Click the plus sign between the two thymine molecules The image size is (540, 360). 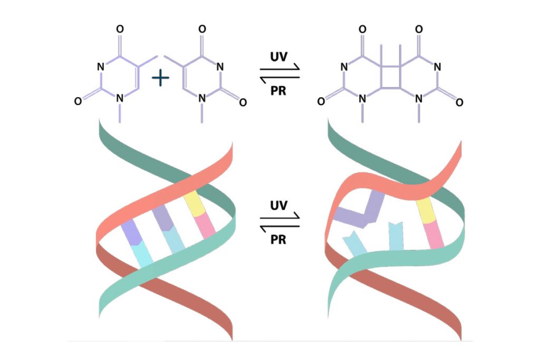click(160, 78)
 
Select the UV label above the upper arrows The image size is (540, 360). click(278, 57)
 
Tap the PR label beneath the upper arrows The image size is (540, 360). click(278, 91)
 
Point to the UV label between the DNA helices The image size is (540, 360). click(278, 206)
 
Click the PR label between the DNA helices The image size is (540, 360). click(278, 239)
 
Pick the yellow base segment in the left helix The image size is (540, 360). click(194, 204)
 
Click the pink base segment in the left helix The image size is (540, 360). click(205, 226)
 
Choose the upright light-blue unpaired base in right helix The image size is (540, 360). click(396, 236)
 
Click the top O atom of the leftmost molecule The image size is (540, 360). click(120, 29)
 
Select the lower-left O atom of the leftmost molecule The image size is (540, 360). click(78, 101)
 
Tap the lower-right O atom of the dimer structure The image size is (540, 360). click(459, 102)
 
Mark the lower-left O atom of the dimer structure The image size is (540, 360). click(321, 102)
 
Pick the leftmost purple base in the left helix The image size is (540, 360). click(131, 232)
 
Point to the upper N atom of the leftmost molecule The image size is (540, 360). click(101, 67)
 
